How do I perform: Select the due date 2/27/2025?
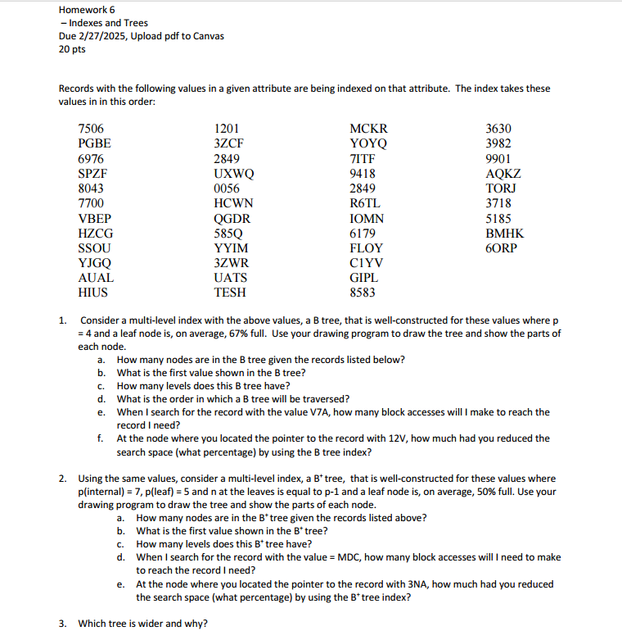click(x=106, y=36)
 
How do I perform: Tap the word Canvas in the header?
click(x=206, y=36)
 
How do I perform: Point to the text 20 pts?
click(x=74, y=49)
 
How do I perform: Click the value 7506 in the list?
click(x=91, y=129)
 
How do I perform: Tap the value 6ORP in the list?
click(x=502, y=247)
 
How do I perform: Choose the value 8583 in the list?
click(x=363, y=292)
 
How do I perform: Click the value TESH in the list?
click(x=230, y=292)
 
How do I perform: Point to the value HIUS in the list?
click(x=92, y=292)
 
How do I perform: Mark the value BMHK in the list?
click(x=505, y=233)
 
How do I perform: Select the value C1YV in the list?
click(x=366, y=262)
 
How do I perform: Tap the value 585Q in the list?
click(x=230, y=233)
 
